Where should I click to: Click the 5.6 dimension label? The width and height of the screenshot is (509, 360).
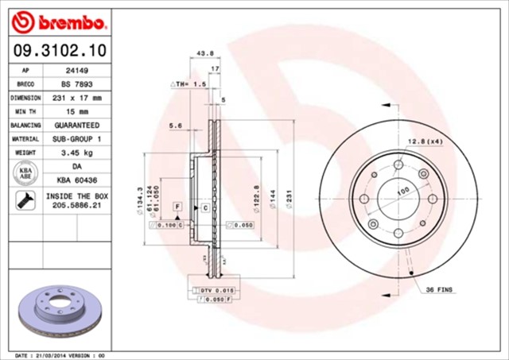tap(176, 126)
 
